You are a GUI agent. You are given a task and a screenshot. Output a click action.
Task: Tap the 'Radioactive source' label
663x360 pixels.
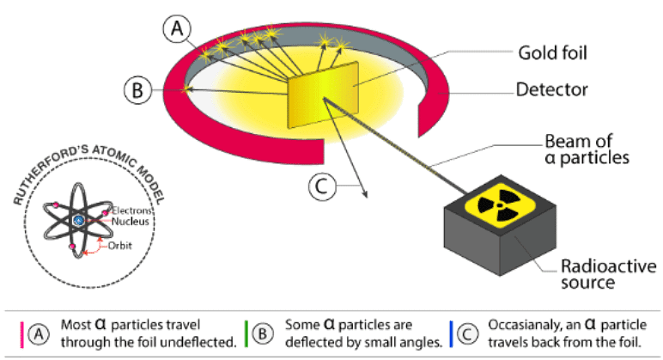click(581, 272)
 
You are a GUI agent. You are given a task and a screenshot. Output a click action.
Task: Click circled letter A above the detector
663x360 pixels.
click(175, 30)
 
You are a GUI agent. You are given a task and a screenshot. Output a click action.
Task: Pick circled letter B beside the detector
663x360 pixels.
click(136, 88)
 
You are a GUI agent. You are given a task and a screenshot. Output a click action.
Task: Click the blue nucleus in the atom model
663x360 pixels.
click(78, 222)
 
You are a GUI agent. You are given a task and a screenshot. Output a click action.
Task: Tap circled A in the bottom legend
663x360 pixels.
click(37, 334)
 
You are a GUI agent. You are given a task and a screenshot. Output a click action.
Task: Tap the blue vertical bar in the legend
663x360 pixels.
click(450, 334)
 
